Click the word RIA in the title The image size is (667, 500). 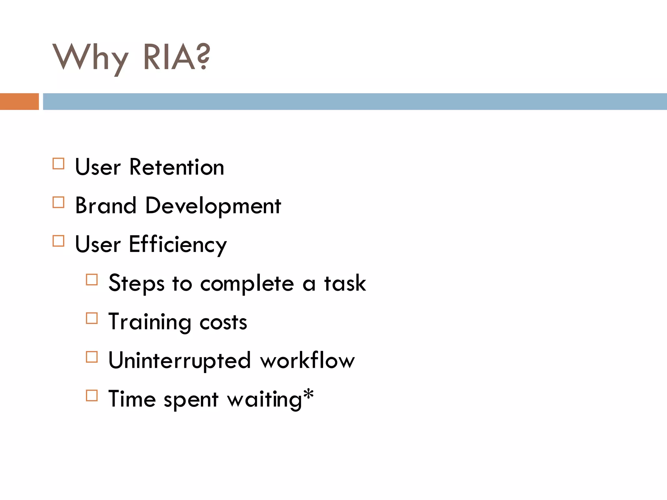[x=169, y=58]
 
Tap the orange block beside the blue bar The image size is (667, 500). [x=19, y=102]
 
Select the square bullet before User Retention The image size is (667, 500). [x=58, y=164]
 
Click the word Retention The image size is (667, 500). [x=177, y=167]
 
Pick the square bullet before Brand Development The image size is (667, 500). [x=58, y=202]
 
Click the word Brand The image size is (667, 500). [x=106, y=206]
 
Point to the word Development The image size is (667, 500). [x=213, y=206]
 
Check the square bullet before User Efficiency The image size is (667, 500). [x=58, y=241]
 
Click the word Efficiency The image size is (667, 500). [x=178, y=245]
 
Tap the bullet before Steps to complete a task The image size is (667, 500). [x=92, y=280]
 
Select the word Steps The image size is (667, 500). [x=136, y=284]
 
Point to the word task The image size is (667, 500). [x=345, y=283]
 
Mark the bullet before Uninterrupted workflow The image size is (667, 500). [x=92, y=357]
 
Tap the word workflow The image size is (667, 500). [x=307, y=361]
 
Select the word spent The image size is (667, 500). [x=191, y=400]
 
